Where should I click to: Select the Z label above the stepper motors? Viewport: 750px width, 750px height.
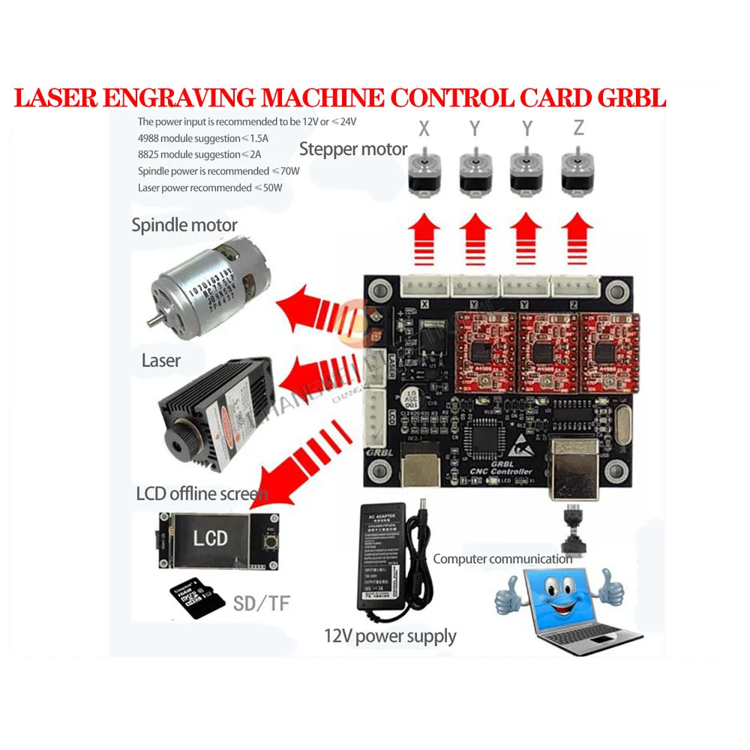[577, 128]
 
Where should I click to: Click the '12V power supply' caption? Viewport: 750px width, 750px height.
[389, 637]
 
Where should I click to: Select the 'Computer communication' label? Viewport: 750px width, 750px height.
[502, 559]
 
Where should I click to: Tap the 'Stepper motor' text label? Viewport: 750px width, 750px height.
[352, 148]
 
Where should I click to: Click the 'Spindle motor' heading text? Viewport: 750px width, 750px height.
[184, 224]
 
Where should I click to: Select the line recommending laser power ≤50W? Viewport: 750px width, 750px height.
[210, 187]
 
